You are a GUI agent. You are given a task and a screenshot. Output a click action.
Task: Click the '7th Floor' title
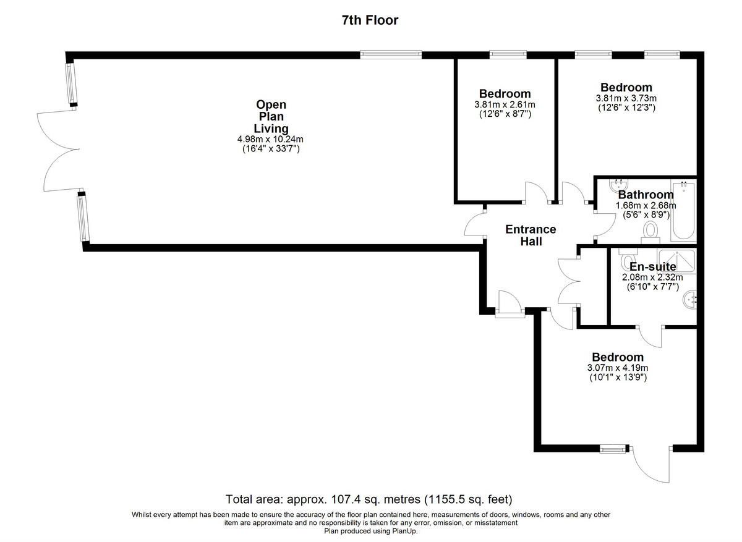(x=370, y=20)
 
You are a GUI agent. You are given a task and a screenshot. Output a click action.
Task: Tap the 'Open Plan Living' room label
(x=271, y=116)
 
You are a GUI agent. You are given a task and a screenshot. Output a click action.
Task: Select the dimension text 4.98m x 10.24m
(x=271, y=139)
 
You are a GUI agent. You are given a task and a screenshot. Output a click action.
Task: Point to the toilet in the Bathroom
(x=650, y=231)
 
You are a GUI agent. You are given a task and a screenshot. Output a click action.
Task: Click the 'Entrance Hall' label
(x=531, y=235)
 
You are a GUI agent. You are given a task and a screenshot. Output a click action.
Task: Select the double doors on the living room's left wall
(x=59, y=150)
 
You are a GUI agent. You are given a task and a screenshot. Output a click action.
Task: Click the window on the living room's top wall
(x=391, y=54)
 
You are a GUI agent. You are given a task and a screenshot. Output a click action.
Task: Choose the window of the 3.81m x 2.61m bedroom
(x=508, y=54)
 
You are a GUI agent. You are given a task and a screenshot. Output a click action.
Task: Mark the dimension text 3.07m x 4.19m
(x=617, y=368)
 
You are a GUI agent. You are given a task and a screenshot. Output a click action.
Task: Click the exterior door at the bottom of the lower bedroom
(x=651, y=464)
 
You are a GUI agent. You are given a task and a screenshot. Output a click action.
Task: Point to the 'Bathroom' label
(x=646, y=195)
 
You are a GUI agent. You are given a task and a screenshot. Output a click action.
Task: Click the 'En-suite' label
(x=652, y=267)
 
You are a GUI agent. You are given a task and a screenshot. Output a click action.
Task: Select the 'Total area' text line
(x=370, y=499)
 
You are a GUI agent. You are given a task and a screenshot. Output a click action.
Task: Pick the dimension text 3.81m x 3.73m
(x=626, y=98)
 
